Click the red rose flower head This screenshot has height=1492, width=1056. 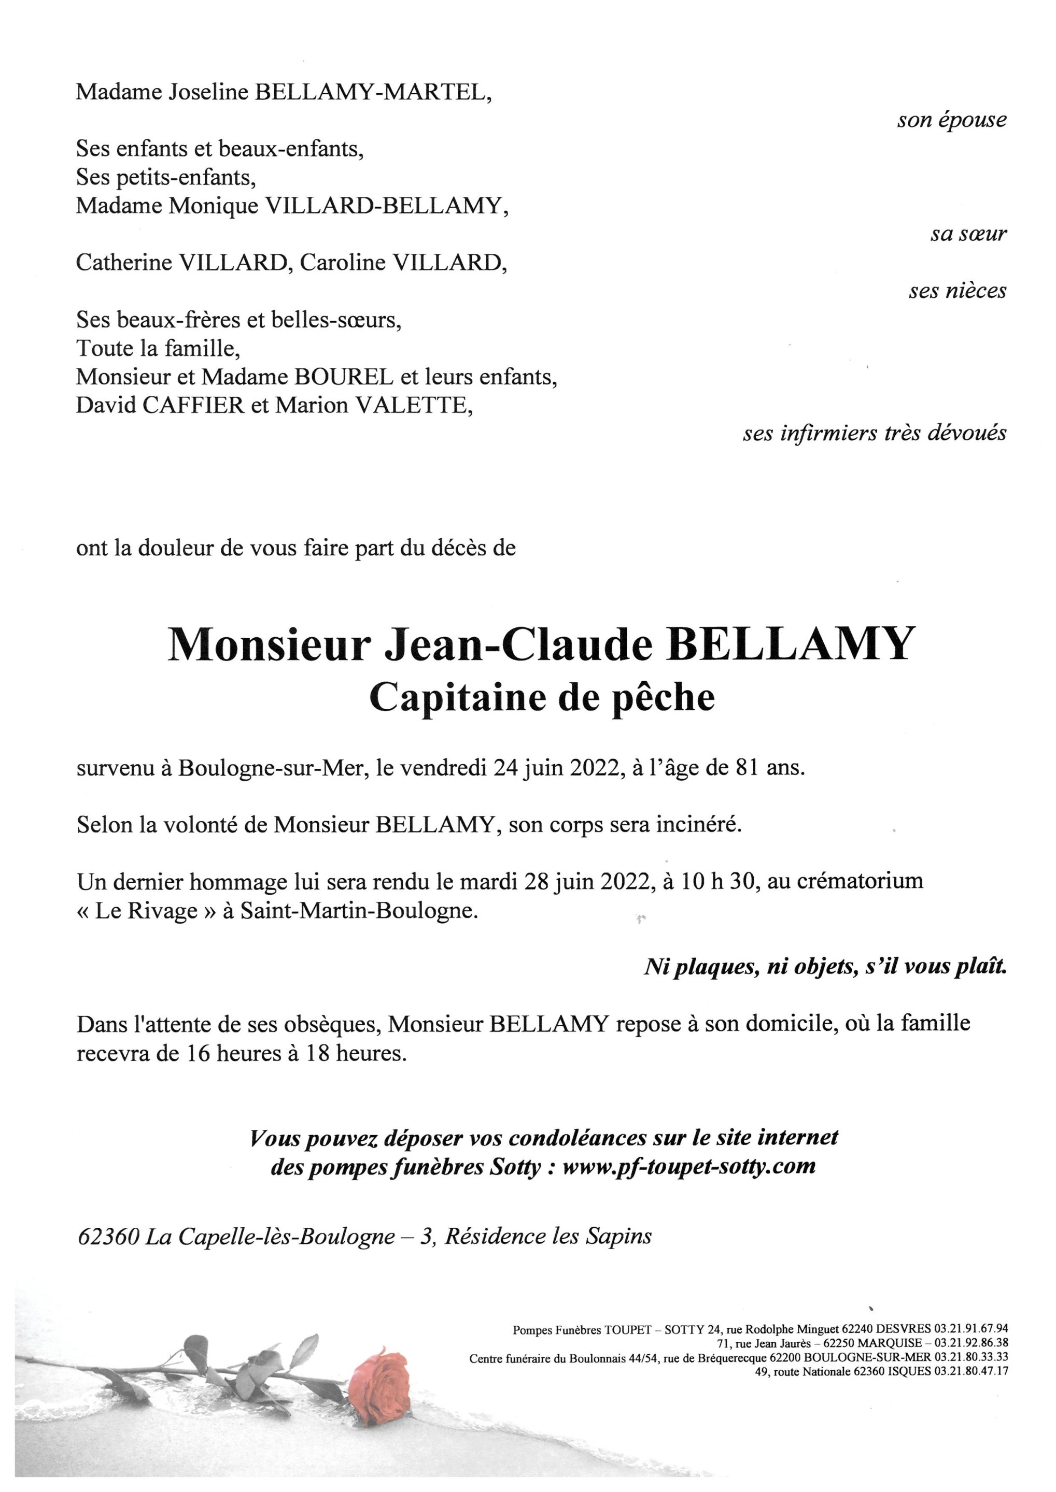pyautogui.click(x=379, y=1383)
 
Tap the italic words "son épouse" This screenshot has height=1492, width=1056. pyautogui.click(x=951, y=120)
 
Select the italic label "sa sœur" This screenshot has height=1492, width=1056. pyautogui.click(x=967, y=234)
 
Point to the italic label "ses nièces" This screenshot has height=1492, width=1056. pyautogui.click(x=957, y=291)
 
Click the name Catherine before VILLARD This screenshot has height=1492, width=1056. pyautogui.click(x=123, y=263)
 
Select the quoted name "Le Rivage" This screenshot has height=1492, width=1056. pyautogui.click(x=146, y=910)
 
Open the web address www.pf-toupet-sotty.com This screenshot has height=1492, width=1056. pyautogui.click(x=688, y=1166)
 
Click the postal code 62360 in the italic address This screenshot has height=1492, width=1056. pyautogui.click(x=108, y=1237)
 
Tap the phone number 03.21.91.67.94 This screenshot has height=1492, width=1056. pyautogui.click(x=971, y=1329)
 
